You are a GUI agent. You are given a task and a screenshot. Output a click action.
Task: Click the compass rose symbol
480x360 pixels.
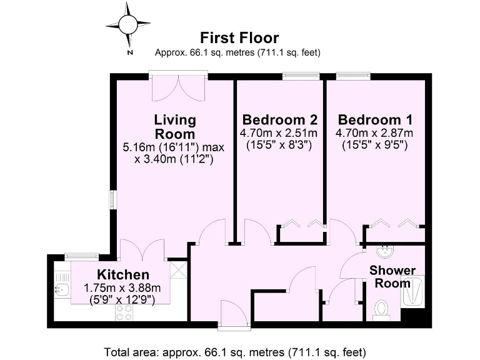(x=128, y=26)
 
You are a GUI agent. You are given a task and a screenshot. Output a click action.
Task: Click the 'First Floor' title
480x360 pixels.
(x=239, y=39)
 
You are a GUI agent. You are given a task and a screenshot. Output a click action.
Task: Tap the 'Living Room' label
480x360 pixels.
(x=175, y=126)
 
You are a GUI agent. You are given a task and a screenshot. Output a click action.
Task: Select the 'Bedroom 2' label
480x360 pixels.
(x=279, y=119)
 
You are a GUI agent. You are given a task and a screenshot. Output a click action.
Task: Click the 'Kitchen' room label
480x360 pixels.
(x=122, y=275)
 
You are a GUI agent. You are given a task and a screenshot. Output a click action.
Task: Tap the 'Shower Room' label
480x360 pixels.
(x=392, y=276)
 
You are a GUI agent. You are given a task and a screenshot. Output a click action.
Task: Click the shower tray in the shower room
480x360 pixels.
(x=412, y=291)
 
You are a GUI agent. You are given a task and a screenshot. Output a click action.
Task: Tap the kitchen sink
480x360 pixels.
(x=62, y=289)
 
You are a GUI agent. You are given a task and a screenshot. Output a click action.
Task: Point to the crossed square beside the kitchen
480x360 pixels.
(x=178, y=270)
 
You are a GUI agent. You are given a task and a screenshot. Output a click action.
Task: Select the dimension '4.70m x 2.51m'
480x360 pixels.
(x=279, y=133)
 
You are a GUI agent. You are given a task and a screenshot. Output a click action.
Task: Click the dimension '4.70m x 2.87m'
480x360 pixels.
(x=374, y=133)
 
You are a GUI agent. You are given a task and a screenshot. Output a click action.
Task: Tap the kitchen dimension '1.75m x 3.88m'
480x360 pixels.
(x=122, y=288)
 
